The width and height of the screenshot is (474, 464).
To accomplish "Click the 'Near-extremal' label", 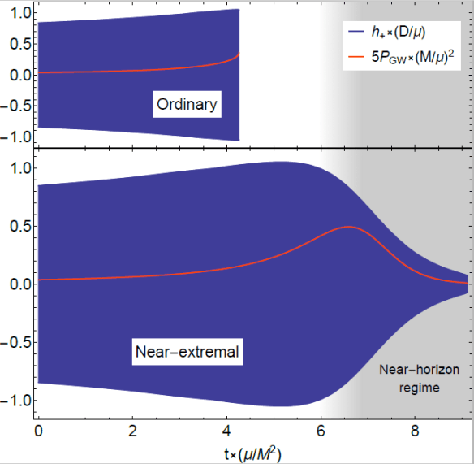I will [x=187, y=352].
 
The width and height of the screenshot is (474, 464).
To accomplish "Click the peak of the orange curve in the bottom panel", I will [x=349, y=227].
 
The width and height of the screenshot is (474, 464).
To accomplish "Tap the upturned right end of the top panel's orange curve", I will [x=238, y=54].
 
